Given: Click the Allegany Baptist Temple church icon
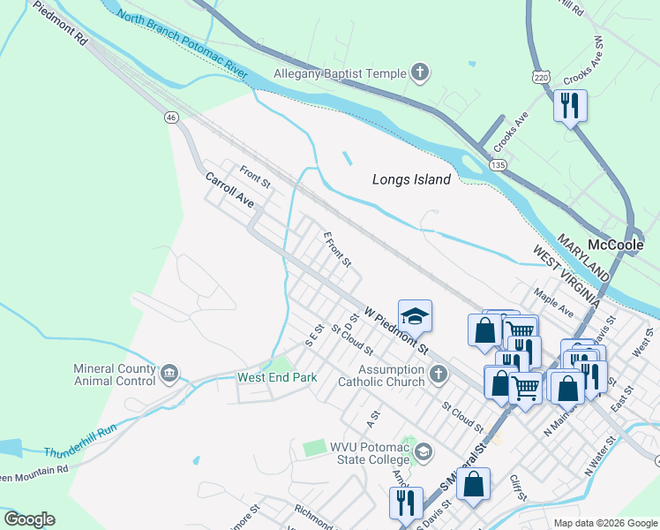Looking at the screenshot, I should click(420, 74).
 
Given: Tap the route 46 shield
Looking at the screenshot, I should click(171, 117).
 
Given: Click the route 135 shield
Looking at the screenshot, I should click(499, 165).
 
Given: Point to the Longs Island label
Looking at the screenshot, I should click(411, 179).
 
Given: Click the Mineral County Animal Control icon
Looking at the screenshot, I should click(169, 375).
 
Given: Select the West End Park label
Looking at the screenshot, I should click(277, 377).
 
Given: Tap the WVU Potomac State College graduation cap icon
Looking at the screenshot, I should click(424, 452).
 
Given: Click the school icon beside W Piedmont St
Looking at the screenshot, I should click(414, 315).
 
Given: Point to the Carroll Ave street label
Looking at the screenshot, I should click(229, 190).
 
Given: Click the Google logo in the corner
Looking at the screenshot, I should click(29, 519).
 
